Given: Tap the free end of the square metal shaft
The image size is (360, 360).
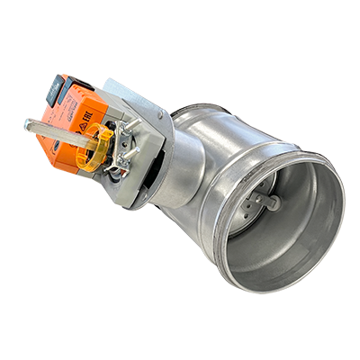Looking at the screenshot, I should [30, 125].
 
